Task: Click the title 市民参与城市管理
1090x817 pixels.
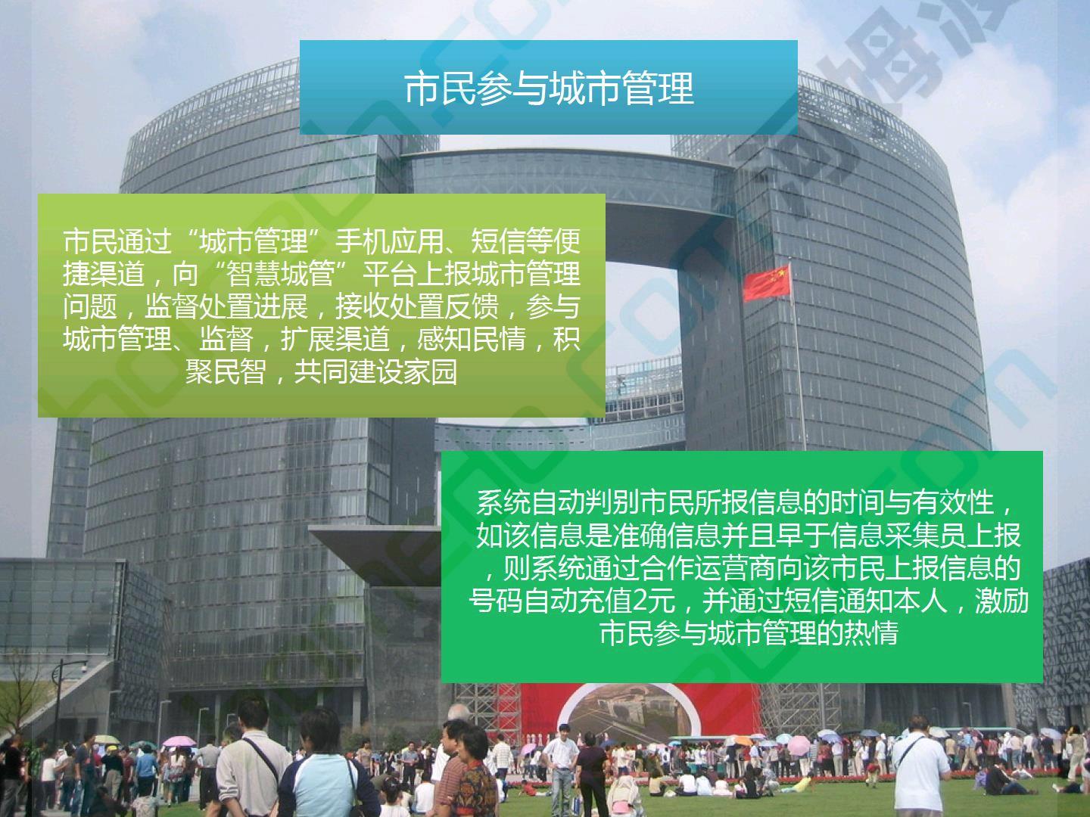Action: click(548, 89)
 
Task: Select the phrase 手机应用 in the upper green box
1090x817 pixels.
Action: click(389, 241)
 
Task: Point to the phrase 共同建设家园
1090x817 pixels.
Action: click(375, 371)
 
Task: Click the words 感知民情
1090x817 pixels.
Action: click(471, 339)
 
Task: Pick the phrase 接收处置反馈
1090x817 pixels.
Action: click(416, 306)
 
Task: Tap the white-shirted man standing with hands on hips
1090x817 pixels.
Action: click(562, 769)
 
